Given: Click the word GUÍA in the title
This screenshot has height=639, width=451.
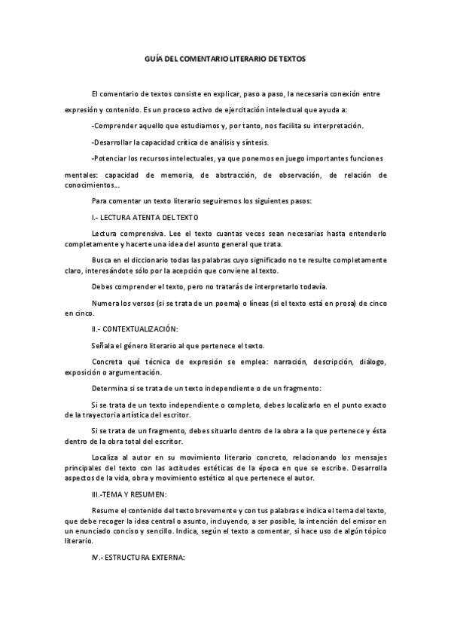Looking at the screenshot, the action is click(152, 58).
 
